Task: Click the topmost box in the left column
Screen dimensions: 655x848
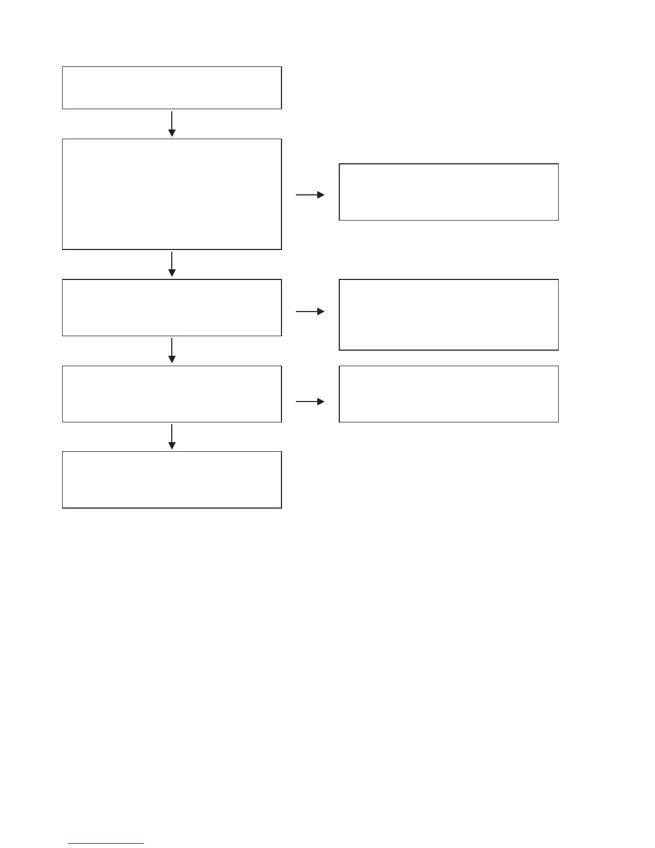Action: (x=172, y=88)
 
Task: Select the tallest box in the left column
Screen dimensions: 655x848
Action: (x=172, y=194)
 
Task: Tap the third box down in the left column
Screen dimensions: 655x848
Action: (x=172, y=307)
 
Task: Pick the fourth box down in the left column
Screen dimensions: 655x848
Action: (x=172, y=394)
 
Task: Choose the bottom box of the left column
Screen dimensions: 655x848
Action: (x=172, y=480)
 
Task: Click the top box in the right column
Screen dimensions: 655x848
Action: (x=448, y=192)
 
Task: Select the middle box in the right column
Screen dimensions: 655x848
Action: (x=448, y=315)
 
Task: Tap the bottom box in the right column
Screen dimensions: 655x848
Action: (x=448, y=394)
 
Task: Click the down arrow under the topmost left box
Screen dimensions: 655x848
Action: (x=172, y=124)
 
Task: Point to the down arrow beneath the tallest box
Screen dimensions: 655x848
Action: (x=172, y=264)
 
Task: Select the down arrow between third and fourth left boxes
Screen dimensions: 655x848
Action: (x=172, y=351)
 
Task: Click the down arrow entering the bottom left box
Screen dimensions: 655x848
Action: (x=172, y=436)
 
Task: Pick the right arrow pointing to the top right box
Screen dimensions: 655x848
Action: (x=310, y=195)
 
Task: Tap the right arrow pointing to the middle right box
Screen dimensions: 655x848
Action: (x=310, y=312)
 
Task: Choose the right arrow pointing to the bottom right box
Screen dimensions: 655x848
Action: (x=310, y=402)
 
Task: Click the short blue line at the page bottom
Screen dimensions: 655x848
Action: (x=106, y=844)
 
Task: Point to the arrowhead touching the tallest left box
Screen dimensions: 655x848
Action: (x=172, y=133)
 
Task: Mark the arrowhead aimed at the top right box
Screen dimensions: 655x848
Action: (x=321, y=195)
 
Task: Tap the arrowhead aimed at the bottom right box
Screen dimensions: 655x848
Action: (x=321, y=402)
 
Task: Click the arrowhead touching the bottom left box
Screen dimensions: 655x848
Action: (x=172, y=446)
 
